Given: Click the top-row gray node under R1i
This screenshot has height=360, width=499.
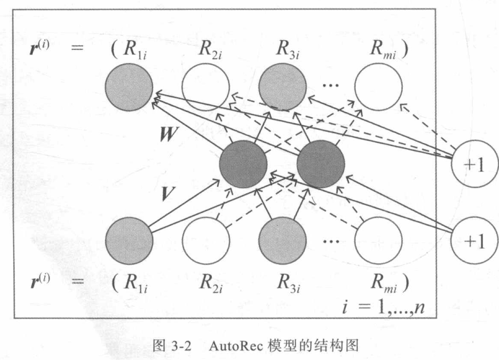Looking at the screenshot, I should [x=129, y=87].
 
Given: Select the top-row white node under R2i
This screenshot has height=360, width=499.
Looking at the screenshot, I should [x=206, y=87].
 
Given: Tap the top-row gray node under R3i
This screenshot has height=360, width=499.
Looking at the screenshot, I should [x=283, y=87].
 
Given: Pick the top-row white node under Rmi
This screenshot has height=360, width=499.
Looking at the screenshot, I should [x=378, y=87].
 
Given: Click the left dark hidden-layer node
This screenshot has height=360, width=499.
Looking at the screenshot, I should [x=243, y=164].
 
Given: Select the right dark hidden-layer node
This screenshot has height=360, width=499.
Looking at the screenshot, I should [x=321, y=164].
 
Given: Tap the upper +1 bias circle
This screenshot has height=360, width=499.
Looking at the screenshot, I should [x=475, y=164].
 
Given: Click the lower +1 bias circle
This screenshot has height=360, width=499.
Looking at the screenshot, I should [x=475, y=241].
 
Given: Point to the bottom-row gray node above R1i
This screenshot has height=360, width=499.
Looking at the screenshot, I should [x=129, y=241].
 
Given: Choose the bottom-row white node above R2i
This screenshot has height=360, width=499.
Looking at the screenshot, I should [x=206, y=241].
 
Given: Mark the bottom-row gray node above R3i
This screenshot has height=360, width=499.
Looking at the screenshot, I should [x=283, y=241].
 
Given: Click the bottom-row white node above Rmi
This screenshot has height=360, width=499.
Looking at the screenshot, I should [x=378, y=241].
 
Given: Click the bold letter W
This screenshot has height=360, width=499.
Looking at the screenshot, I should [x=168, y=134].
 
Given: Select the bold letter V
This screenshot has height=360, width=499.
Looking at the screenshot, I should [x=167, y=194].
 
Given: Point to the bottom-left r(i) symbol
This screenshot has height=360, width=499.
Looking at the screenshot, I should [x=39, y=281].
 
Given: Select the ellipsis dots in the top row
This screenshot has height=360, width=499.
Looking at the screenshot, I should [x=331, y=85].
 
